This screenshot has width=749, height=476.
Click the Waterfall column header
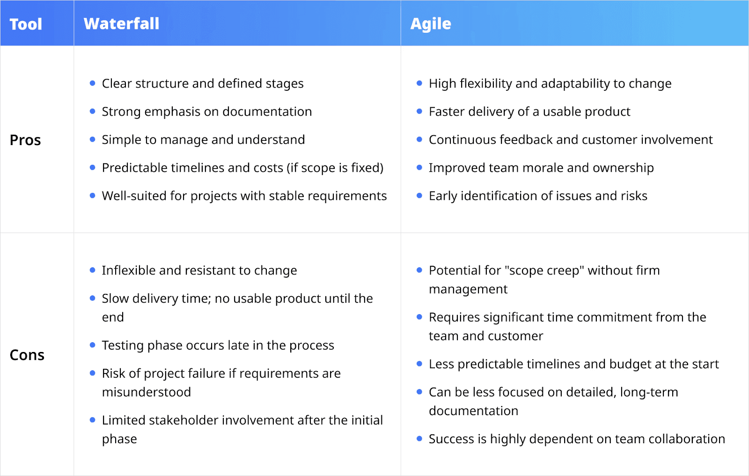coord(121,23)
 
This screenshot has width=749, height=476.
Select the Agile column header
coord(431,23)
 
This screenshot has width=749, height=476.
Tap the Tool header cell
coord(26,24)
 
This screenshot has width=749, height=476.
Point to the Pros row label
coord(25,140)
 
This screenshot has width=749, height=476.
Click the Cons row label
coord(27,355)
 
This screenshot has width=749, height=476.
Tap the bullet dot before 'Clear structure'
coord(92,83)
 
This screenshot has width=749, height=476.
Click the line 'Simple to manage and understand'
coord(203,139)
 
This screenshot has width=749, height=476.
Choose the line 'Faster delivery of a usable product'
coord(529,111)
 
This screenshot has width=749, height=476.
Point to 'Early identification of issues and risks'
coord(538,196)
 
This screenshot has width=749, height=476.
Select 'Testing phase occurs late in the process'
coord(218,345)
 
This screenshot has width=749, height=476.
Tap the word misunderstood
coord(147,392)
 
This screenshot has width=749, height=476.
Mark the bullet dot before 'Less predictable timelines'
coord(419,364)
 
